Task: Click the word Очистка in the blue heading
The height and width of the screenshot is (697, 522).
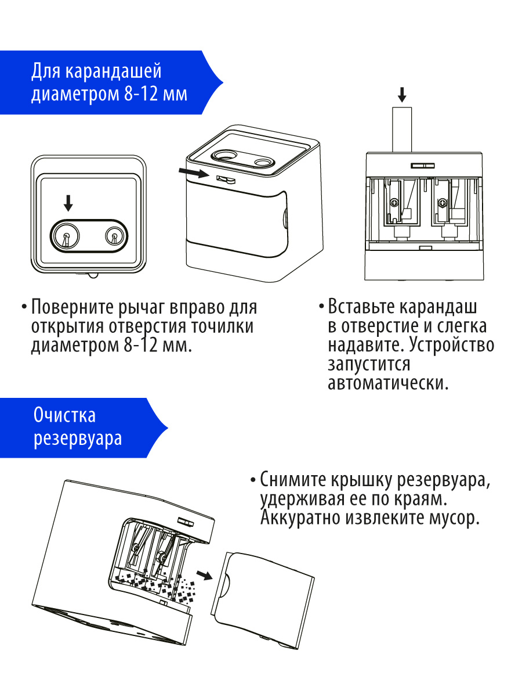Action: (x=64, y=416)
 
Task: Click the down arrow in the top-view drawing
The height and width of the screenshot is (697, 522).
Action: (x=68, y=203)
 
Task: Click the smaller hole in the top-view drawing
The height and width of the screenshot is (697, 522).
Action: (x=114, y=235)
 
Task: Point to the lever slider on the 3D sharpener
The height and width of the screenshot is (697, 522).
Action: (x=224, y=179)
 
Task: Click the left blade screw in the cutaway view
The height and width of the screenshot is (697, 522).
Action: (x=395, y=203)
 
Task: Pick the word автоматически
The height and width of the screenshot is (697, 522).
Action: (x=388, y=384)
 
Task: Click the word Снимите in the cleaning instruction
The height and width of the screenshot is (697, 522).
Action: (x=293, y=480)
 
